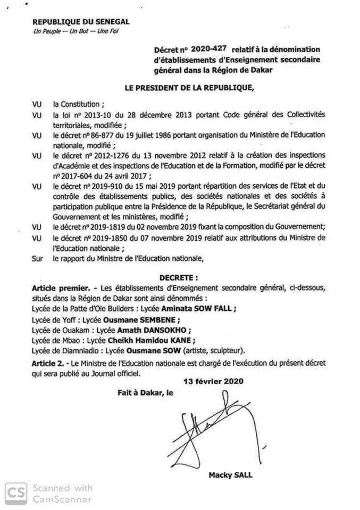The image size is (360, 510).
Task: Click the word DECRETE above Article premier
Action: pyautogui.click(x=179, y=277)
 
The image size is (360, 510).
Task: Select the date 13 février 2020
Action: pyautogui.click(x=205, y=381)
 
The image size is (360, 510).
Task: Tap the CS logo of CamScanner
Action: pyautogui.click(x=16, y=492)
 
